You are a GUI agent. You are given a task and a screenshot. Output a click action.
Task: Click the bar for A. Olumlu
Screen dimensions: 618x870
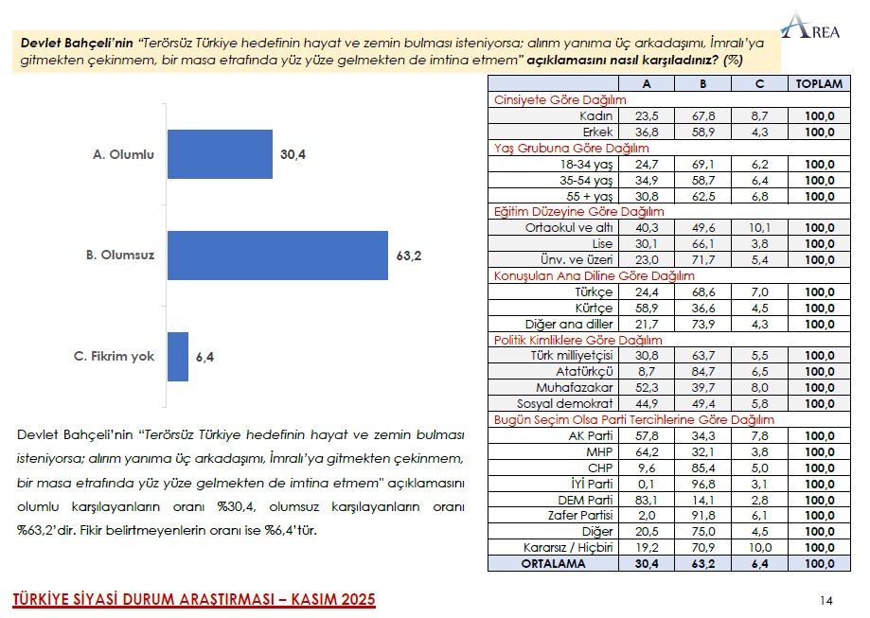click(x=220, y=154)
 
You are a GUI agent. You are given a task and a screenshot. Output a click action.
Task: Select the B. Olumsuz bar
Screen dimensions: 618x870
click(x=277, y=255)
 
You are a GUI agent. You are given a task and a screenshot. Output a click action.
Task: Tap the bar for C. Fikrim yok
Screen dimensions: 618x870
click(x=178, y=357)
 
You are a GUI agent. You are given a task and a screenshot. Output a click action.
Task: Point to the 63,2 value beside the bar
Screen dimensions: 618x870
click(x=410, y=256)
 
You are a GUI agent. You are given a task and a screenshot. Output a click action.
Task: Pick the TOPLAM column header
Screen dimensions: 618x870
click(x=819, y=83)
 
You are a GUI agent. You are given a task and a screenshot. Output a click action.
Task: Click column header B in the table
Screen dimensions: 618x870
click(x=703, y=83)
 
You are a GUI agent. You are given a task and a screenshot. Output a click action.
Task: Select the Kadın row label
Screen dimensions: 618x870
click(x=595, y=115)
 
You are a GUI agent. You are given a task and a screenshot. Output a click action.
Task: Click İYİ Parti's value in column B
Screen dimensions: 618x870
click(x=703, y=483)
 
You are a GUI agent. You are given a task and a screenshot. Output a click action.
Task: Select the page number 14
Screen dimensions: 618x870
click(x=826, y=600)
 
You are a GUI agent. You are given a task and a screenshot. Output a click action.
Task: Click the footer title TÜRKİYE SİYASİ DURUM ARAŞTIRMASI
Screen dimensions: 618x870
click(x=193, y=600)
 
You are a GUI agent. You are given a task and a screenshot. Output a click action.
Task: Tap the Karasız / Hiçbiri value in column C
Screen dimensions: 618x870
click(x=759, y=547)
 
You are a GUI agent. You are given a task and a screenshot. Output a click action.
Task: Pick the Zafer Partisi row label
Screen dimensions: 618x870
click(x=581, y=515)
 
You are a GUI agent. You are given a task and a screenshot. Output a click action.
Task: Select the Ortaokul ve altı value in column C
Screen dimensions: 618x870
click(x=759, y=227)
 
